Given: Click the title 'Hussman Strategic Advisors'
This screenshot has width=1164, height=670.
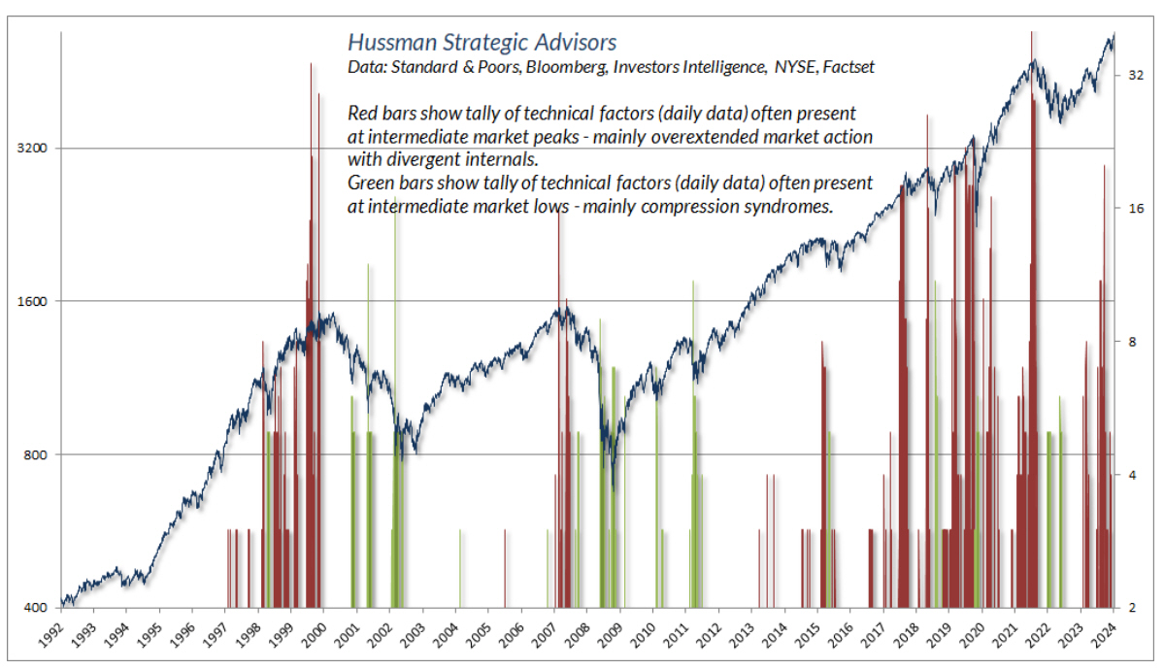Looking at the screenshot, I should (x=481, y=43).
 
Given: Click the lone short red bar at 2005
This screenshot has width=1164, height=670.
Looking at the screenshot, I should (x=505, y=568).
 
